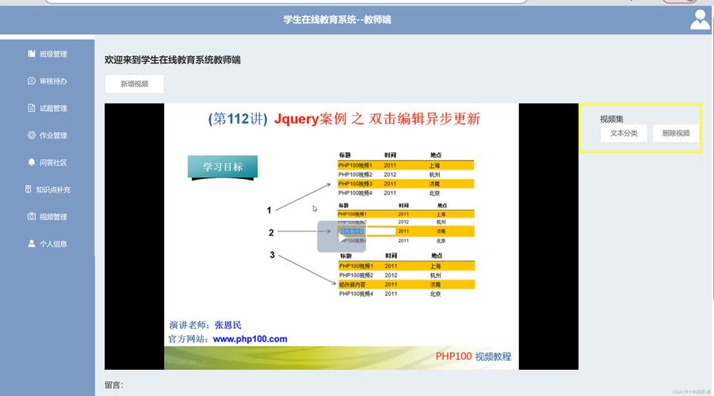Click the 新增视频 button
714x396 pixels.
134,84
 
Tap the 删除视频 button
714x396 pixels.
676,133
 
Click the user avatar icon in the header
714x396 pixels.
700,20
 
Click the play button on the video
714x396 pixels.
342,236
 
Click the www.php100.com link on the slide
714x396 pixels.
250,339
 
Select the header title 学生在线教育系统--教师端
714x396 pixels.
337,20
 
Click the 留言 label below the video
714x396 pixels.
113,385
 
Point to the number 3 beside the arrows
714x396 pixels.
272,255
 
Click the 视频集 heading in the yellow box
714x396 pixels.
611,119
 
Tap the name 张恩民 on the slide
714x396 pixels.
227,325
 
